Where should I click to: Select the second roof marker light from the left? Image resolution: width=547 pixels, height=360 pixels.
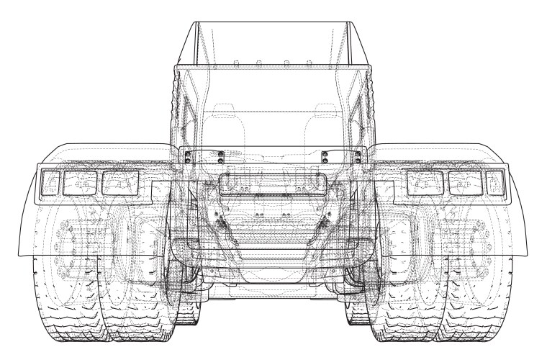point(258,65)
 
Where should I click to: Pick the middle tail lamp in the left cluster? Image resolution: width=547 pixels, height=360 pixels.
point(78,183)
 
